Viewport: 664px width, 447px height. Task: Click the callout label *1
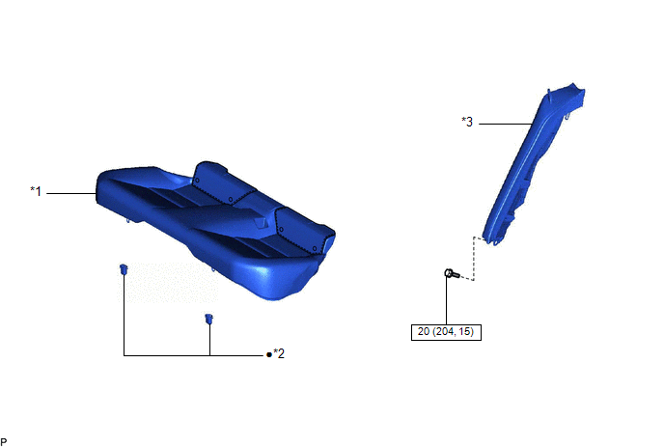36,191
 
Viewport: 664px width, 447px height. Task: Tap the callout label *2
279,353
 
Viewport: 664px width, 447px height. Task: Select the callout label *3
467,122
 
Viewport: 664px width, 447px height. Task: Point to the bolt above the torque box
452,274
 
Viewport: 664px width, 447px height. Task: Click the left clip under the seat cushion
124,269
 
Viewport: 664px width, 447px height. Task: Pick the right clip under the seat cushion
208,319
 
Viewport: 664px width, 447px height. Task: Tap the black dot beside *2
269,354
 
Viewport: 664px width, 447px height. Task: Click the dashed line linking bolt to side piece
473,259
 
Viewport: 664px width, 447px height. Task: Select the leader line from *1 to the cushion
71,193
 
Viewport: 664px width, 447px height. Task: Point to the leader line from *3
506,124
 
